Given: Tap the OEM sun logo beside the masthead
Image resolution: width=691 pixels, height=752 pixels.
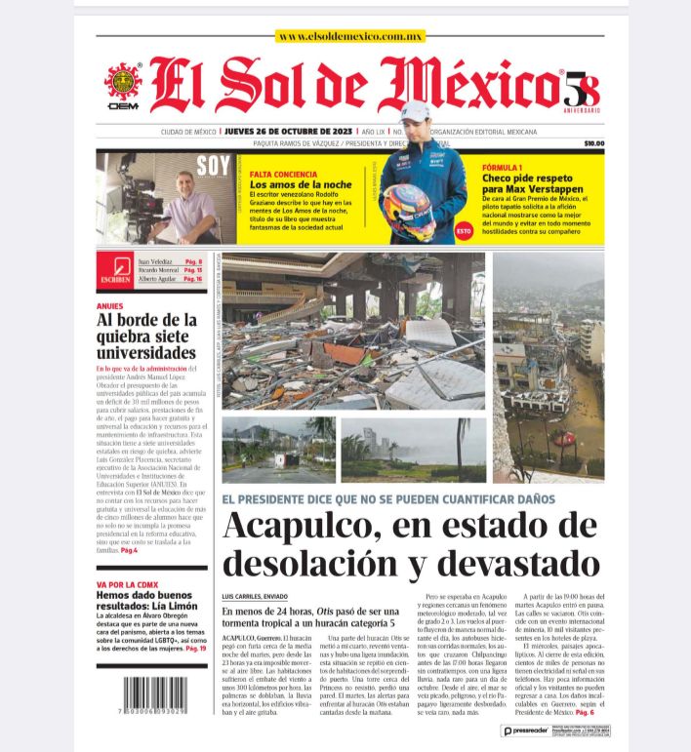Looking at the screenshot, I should tap(123, 84).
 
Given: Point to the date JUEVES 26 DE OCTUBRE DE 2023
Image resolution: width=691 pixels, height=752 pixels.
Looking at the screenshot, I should tap(288, 131).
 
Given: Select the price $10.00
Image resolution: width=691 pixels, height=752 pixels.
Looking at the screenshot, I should tap(593, 143).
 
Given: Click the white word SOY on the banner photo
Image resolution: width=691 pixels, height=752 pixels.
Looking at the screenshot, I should tap(213, 166).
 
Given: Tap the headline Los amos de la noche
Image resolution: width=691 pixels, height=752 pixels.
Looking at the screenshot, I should tap(301, 184).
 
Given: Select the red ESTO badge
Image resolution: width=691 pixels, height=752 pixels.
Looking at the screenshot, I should tap(464, 231).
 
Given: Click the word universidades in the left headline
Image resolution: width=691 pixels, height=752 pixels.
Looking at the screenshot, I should tap(145, 351).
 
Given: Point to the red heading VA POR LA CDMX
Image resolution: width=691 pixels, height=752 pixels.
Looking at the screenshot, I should tap(127, 584).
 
